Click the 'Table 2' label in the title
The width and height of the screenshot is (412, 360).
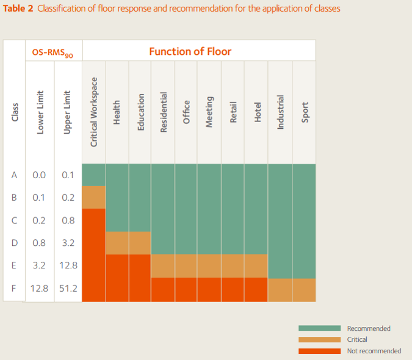18,9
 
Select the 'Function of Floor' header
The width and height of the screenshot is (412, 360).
190,51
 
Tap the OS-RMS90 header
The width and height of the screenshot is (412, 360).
52,52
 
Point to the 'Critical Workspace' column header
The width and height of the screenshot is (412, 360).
94,112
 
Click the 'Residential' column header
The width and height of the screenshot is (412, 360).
164,112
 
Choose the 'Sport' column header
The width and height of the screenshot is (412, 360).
305,112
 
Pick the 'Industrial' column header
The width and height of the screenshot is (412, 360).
280,112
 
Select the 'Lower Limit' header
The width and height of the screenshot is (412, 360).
40,112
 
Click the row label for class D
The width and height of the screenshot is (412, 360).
15,243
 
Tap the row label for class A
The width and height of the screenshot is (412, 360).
14,175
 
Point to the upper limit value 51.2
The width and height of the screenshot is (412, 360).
68,289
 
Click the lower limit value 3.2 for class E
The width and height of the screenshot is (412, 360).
39,265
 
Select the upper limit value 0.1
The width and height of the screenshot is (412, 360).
68,175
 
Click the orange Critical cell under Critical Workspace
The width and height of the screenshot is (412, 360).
94,198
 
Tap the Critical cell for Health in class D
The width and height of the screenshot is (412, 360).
117,243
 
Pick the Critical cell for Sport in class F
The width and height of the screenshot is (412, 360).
304,290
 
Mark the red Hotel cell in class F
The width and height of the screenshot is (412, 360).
256,289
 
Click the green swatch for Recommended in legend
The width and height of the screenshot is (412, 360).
319,328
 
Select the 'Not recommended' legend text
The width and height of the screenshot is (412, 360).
374,351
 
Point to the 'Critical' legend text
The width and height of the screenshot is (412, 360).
357,339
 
